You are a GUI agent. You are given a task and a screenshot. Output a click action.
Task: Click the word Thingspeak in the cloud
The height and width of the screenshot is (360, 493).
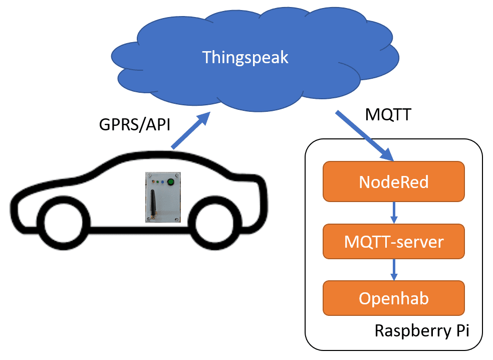tap(245, 57)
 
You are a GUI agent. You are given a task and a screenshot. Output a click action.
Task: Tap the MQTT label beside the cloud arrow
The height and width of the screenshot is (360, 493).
tap(388, 115)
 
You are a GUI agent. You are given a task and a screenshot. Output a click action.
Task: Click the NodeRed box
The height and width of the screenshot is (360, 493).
tap(394, 181)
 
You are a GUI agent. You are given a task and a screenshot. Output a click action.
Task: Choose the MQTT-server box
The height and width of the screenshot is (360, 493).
tap(394, 242)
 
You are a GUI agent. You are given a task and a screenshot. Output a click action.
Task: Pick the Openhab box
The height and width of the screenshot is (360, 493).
tap(394, 299)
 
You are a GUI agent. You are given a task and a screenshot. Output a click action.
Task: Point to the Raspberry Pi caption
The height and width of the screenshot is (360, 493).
tap(421, 331)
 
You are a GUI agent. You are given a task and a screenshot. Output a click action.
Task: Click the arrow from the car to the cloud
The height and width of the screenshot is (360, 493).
tap(190, 131)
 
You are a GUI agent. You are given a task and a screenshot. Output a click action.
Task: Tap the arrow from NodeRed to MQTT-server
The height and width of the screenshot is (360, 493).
tap(394, 211)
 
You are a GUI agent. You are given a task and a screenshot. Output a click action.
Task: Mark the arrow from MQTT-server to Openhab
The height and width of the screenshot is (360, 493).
tap(394, 270)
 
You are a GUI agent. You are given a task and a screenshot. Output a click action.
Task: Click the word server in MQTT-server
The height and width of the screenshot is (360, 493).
tap(419, 242)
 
